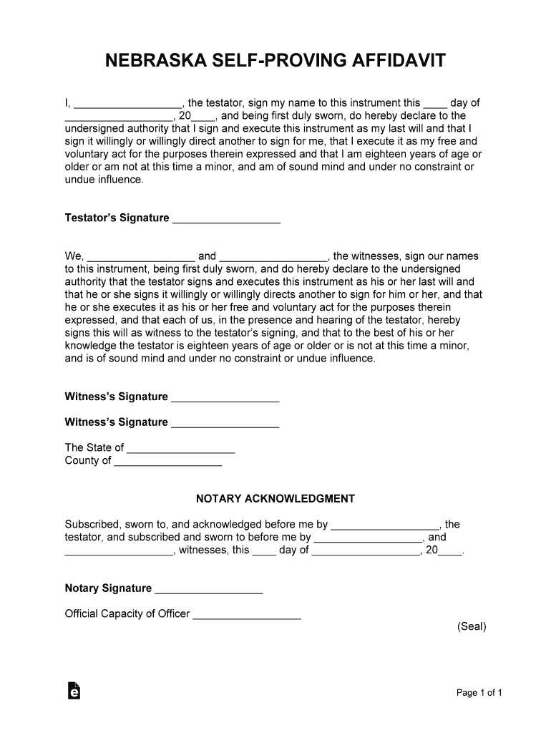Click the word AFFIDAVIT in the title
click(400, 60)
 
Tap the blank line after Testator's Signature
click(226, 221)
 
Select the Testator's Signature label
click(117, 218)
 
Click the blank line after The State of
click(181, 451)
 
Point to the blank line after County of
click(168, 464)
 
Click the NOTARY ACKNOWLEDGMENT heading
click(275, 498)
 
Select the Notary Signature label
click(108, 588)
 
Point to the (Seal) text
click(472, 626)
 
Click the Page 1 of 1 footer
click(479, 692)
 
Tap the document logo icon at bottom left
click(73, 690)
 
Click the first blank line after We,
click(141, 259)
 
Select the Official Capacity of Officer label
click(127, 613)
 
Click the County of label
click(88, 460)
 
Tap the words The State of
click(94, 447)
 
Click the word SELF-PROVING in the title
click(274, 60)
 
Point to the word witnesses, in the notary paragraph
click(203, 550)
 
